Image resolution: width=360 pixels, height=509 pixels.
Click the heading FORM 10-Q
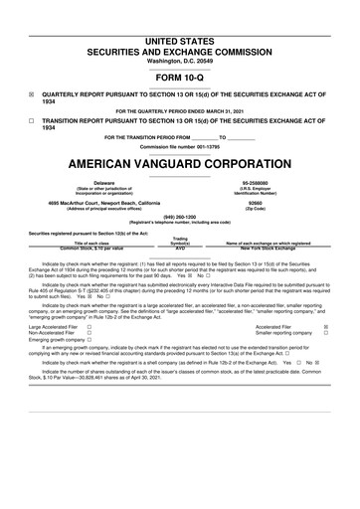(x=180, y=76)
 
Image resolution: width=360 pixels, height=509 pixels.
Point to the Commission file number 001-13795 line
(x=180, y=147)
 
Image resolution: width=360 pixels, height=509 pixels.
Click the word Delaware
(x=103, y=183)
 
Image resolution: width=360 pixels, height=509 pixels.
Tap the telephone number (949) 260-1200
(x=180, y=217)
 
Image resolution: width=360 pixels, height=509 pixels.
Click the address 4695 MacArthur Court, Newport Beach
(x=103, y=203)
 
